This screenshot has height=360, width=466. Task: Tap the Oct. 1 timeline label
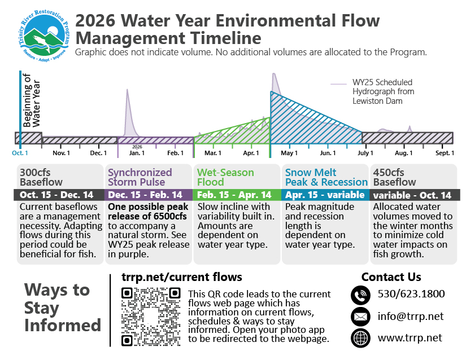tap(20, 153)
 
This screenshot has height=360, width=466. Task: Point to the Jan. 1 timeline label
tap(136, 153)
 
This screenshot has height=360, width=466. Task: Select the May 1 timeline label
tap(289, 153)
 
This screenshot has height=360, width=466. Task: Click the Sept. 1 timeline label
tap(445, 153)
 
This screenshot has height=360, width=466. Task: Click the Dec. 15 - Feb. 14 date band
tap(148, 195)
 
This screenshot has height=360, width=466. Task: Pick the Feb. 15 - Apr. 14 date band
tap(237, 195)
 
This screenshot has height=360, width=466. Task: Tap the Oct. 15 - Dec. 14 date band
tap(59, 195)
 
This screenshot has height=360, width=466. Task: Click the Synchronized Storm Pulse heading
tap(140, 177)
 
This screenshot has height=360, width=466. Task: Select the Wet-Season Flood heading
tap(225, 177)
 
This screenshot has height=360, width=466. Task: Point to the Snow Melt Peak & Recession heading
tap(326, 177)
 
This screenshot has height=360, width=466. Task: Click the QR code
tap(151, 317)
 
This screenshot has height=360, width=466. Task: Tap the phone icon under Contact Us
tap(360, 295)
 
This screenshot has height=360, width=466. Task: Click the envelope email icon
tap(360, 317)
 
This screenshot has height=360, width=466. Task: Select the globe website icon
tap(360, 337)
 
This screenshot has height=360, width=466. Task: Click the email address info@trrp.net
tap(411, 317)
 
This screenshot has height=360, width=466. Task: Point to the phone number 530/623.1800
tap(411, 294)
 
